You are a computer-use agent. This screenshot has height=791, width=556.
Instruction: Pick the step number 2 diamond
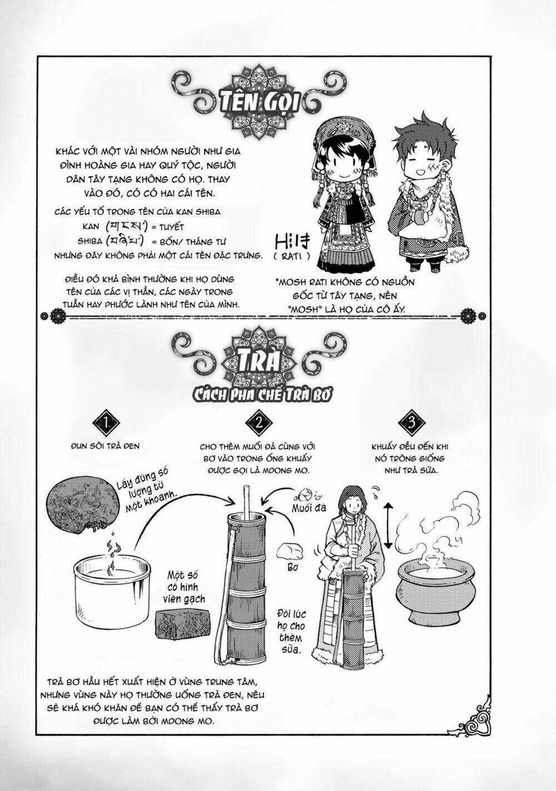[259, 422]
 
